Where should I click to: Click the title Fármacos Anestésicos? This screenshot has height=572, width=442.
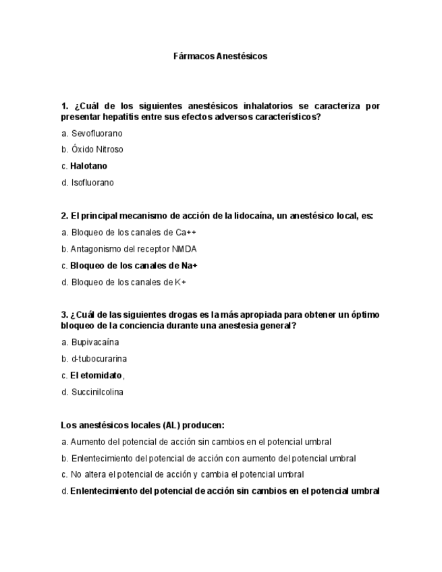click(221, 56)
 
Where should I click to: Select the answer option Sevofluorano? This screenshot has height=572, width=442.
click(96, 134)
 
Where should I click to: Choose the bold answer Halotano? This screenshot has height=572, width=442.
click(88, 166)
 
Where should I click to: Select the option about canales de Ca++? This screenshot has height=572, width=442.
click(128, 233)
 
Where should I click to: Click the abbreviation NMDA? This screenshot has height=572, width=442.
click(185, 249)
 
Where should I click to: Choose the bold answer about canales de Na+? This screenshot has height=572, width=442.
click(134, 266)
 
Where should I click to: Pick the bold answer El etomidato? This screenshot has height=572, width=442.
click(96, 376)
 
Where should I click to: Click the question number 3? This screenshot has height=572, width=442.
click(64, 315)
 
